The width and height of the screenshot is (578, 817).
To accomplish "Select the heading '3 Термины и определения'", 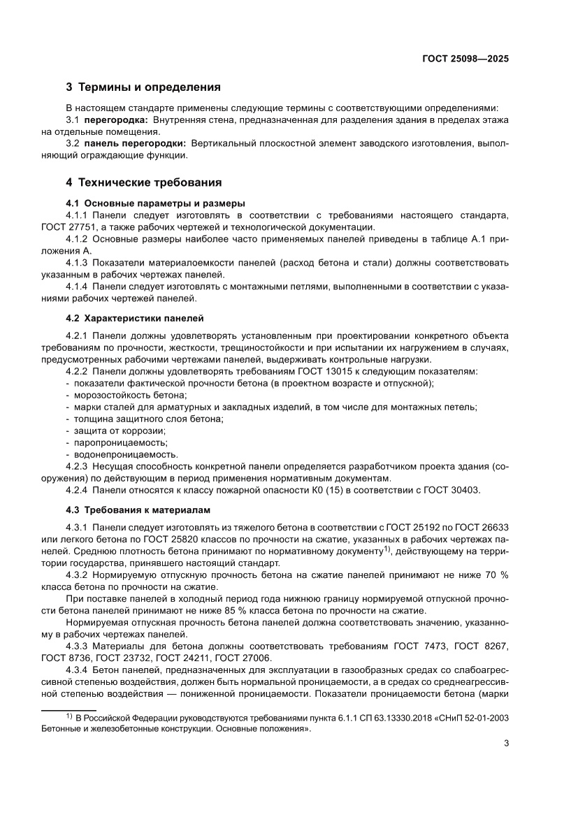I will [143, 87].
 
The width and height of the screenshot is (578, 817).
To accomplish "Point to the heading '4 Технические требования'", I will [143, 182].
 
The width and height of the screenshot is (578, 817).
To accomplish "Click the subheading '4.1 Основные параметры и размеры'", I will [150, 203].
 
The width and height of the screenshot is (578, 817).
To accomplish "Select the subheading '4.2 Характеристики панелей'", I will [134, 318].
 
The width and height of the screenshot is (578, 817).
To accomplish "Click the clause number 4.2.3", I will [77, 466].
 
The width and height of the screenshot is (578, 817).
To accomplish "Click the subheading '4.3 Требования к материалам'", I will [137, 509].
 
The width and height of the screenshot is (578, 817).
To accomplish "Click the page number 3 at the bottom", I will [505, 743].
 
